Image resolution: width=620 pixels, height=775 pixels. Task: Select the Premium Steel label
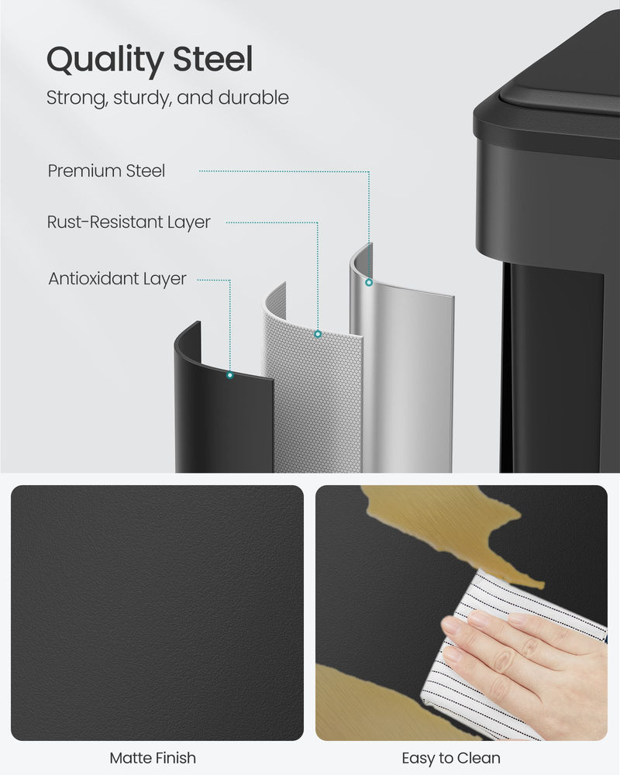[106, 171]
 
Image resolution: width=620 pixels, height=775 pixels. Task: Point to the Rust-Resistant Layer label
[129, 222]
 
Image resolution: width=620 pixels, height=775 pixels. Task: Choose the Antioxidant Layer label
[117, 278]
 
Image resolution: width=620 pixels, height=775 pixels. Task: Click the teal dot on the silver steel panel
[370, 283]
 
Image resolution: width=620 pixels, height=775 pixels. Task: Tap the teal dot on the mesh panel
[318, 334]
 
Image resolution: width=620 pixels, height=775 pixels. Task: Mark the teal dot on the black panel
[229, 375]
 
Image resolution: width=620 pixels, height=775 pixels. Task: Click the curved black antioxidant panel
[221, 418]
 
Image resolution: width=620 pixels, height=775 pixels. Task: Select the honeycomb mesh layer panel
[310, 395]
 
